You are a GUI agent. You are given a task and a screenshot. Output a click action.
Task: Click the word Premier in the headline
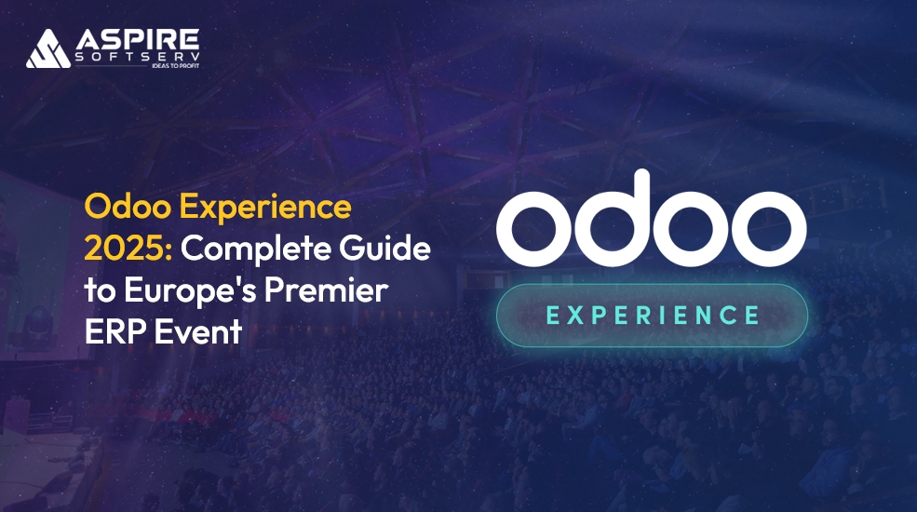pos(334,291)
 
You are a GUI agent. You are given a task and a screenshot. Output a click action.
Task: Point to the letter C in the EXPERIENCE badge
pos(723,316)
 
